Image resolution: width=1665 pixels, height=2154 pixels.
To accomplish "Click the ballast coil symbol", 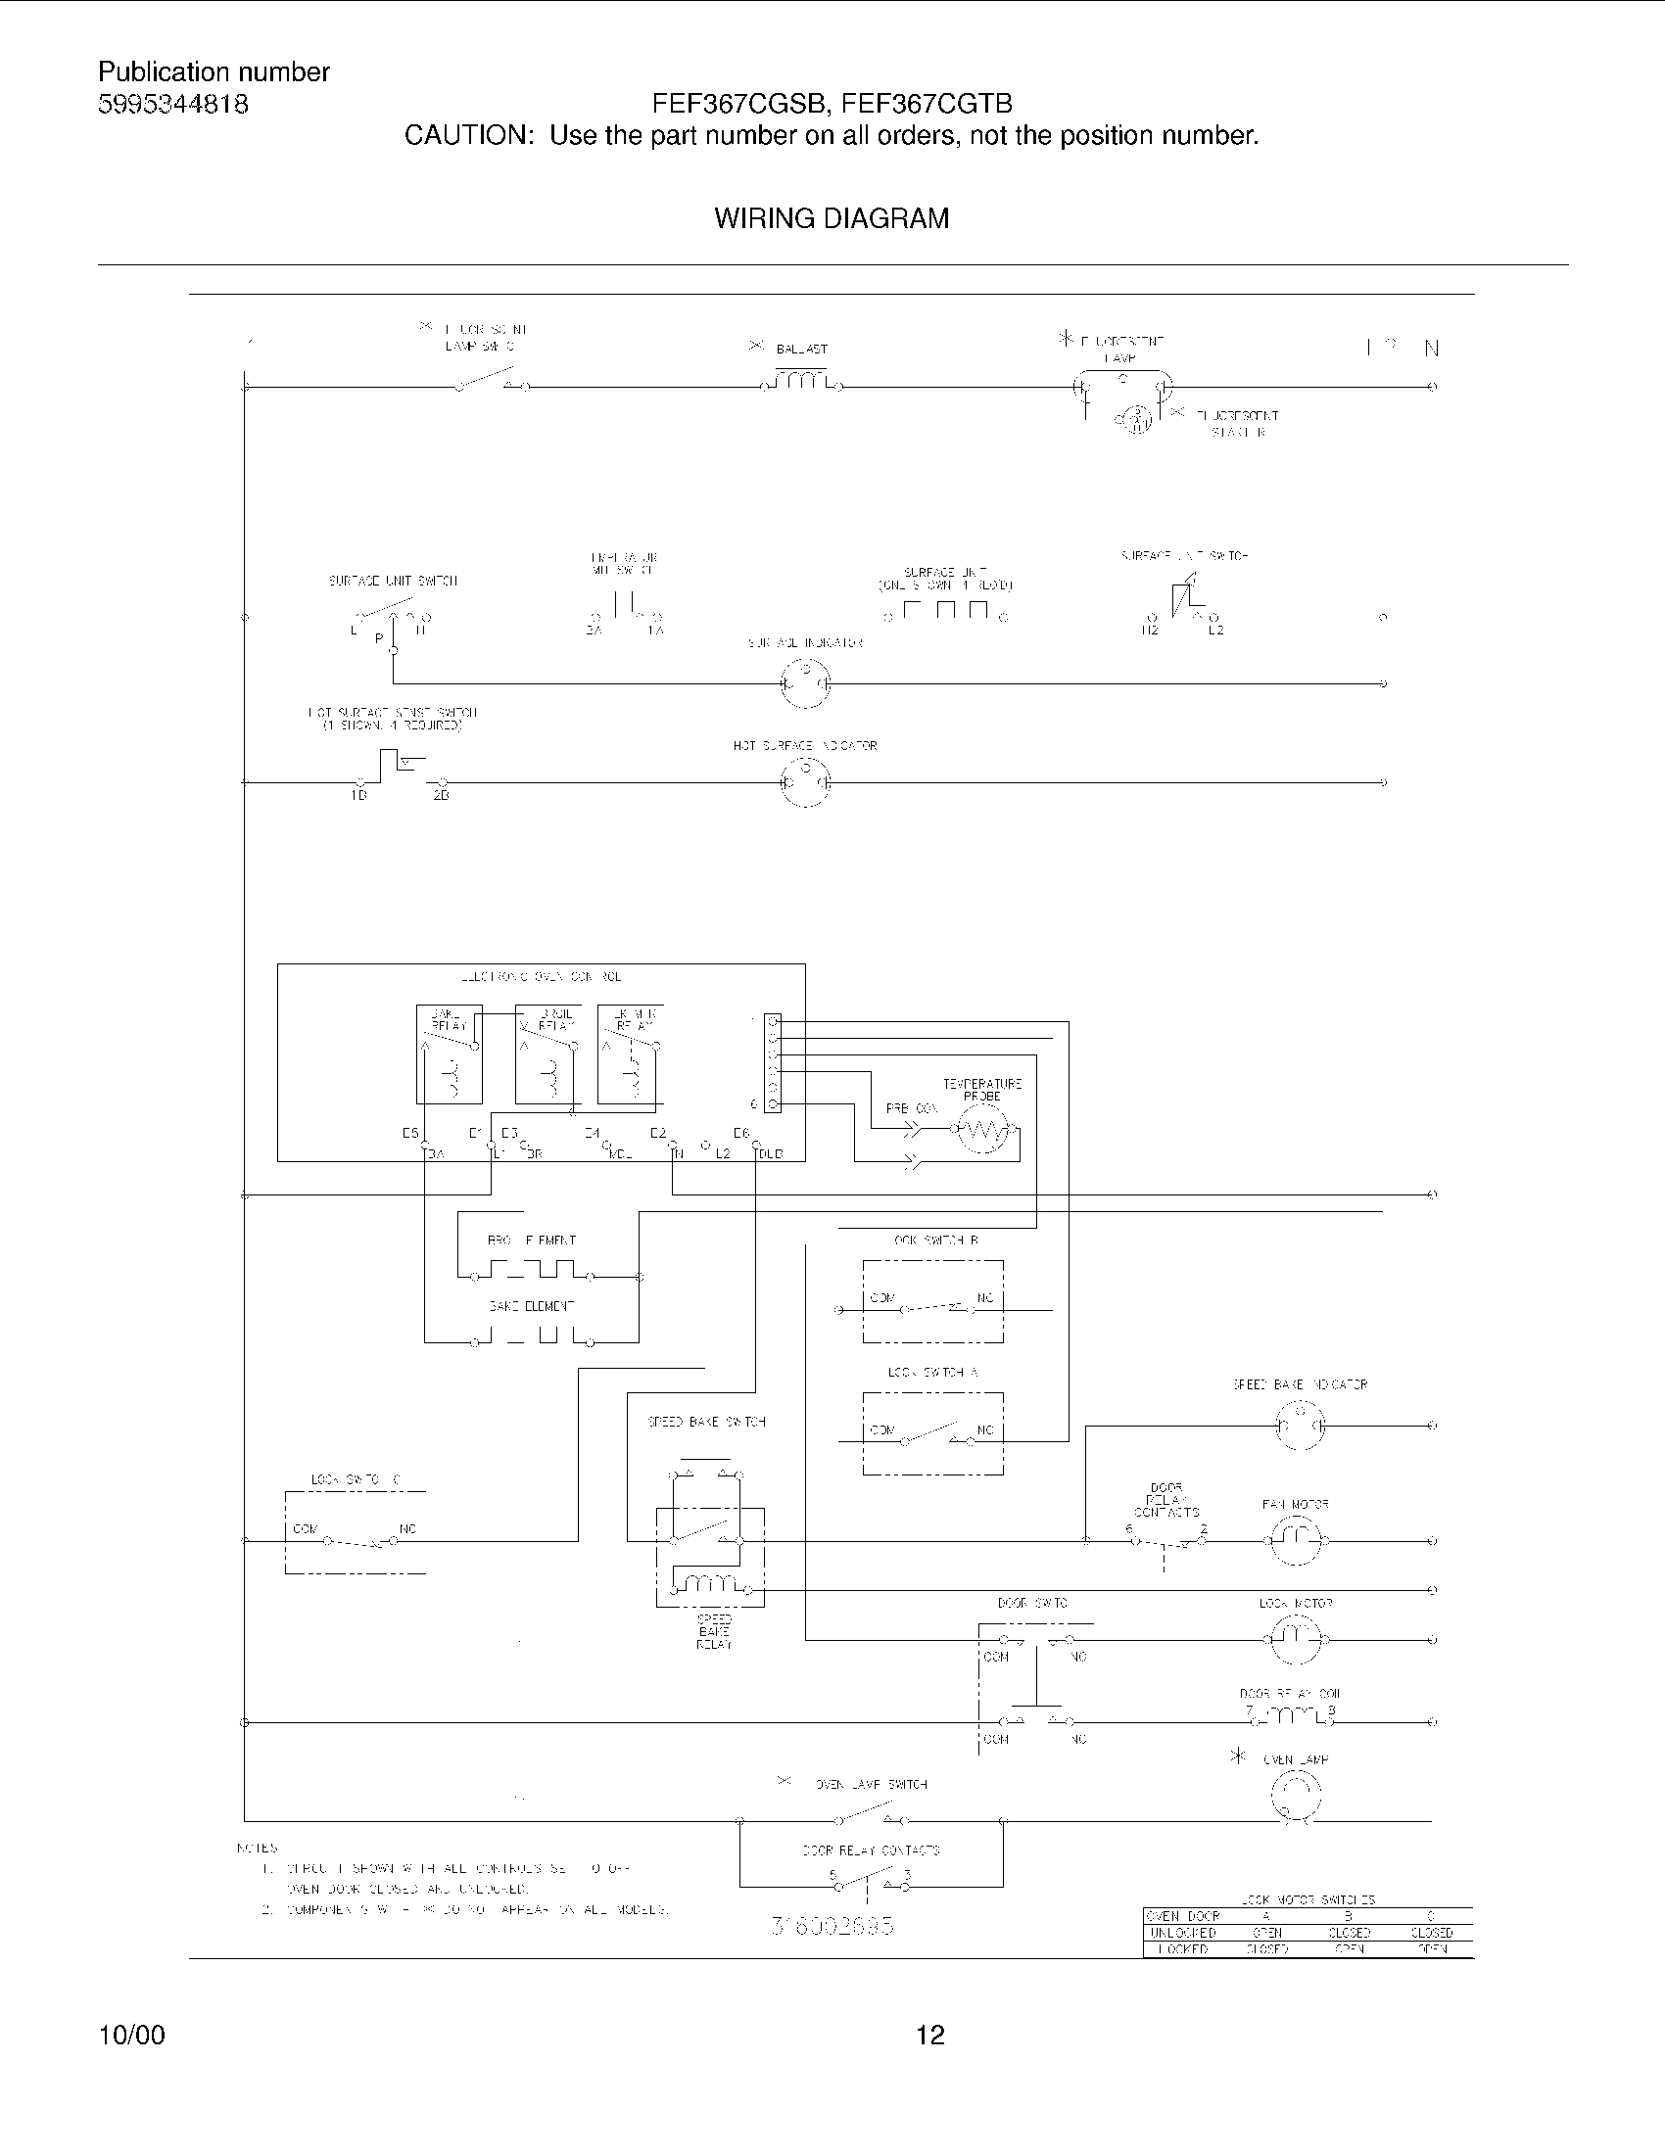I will point(803,380).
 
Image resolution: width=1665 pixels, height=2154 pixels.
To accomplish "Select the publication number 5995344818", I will point(172,105).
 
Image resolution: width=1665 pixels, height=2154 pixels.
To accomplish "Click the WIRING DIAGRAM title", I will point(832,218).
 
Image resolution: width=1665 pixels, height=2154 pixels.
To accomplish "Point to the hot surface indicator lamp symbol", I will point(805,782).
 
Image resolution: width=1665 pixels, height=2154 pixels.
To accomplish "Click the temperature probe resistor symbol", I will point(982,1130).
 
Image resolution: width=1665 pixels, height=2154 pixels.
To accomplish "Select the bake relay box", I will point(450,1054).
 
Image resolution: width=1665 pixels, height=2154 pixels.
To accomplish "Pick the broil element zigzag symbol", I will point(533,1269).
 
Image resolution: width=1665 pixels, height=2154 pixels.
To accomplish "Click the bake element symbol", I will point(533,1336).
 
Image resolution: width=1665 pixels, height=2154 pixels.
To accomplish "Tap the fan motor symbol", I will point(1296,1539).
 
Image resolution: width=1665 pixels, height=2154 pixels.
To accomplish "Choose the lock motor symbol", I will point(1296,1639).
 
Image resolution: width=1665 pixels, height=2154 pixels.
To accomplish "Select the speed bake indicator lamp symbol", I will point(1300,1426).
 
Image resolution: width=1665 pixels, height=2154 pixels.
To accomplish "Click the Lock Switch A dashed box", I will point(932,1433).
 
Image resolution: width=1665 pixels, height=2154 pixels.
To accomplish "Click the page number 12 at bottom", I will point(930,2035).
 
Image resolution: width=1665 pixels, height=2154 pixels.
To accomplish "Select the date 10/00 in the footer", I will point(131,2035).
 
